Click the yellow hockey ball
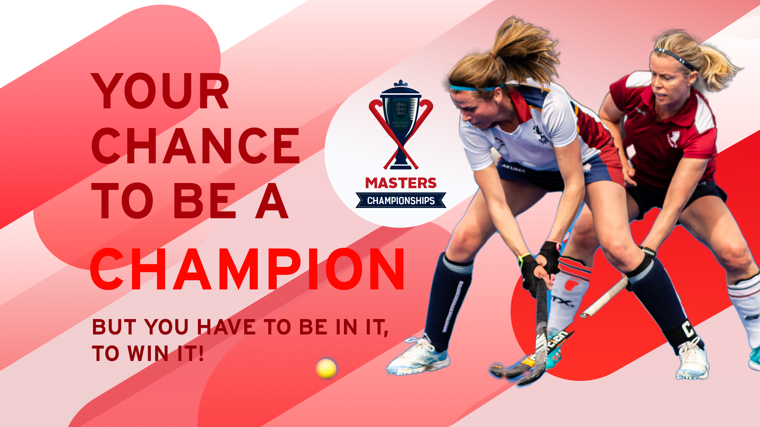326,368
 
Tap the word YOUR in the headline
160,91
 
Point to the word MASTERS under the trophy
401,183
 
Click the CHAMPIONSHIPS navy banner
401,200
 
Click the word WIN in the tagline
148,353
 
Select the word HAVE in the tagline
226,327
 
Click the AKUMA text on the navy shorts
513,168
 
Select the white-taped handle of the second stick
604,297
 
